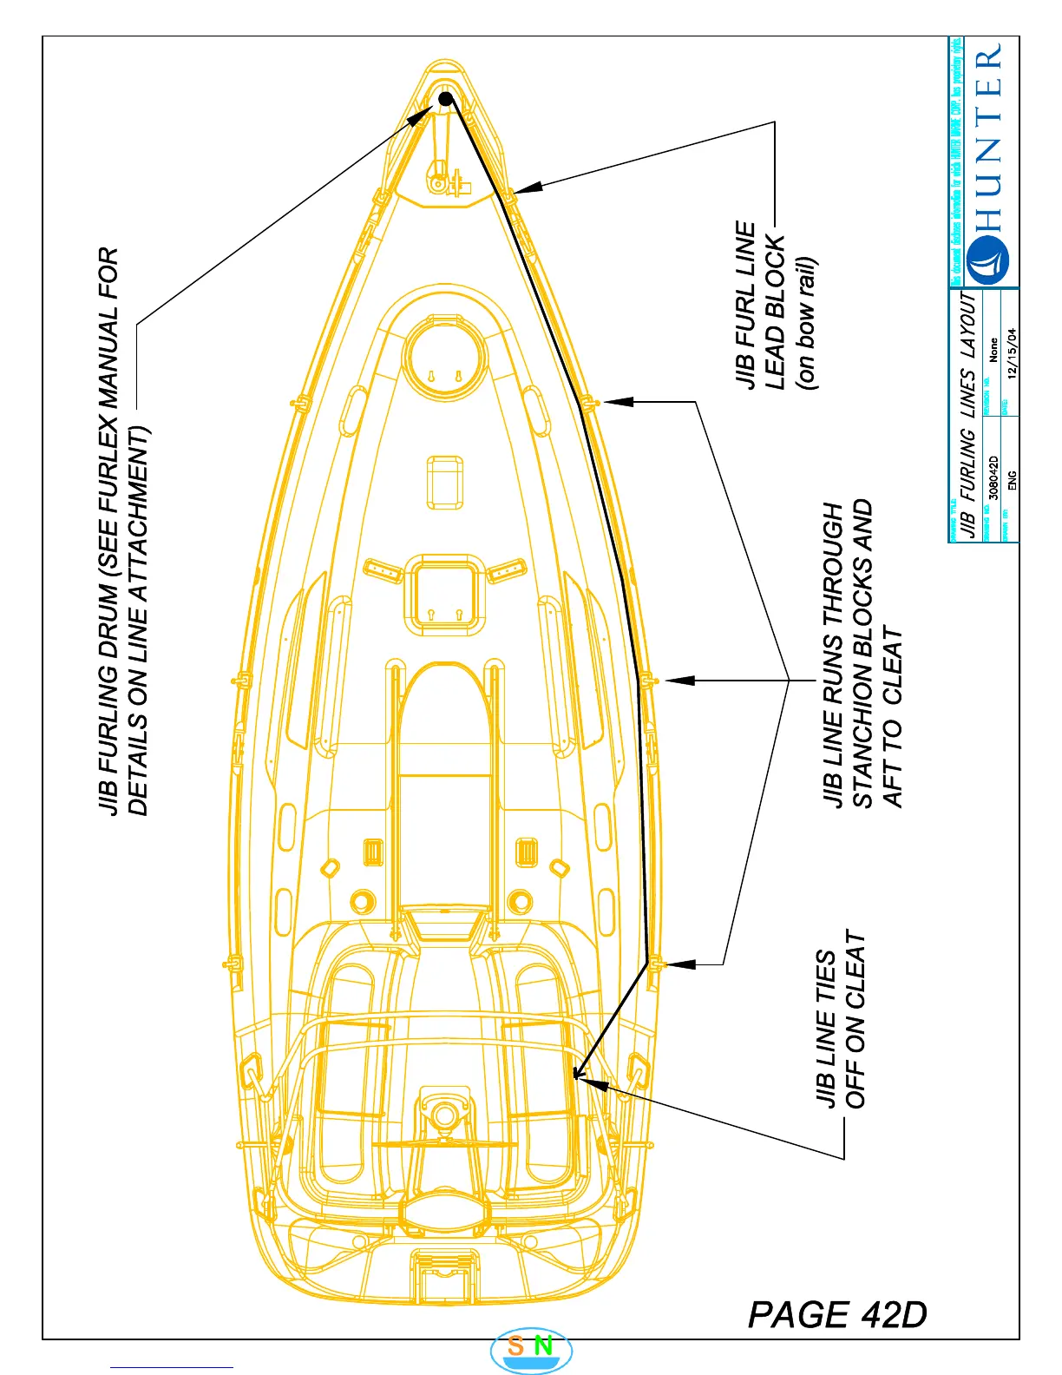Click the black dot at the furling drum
tap(445, 99)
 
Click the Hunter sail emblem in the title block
tap(988, 260)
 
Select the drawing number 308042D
tap(994, 477)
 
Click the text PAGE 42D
tap(837, 1314)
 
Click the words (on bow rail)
tap(806, 322)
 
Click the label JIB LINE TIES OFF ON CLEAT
tap(841, 1028)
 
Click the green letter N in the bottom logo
tap(543, 1346)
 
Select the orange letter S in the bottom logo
tap(515, 1346)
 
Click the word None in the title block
tap(993, 350)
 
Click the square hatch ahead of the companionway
tap(444, 596)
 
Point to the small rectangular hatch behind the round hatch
tap(444, 482)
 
